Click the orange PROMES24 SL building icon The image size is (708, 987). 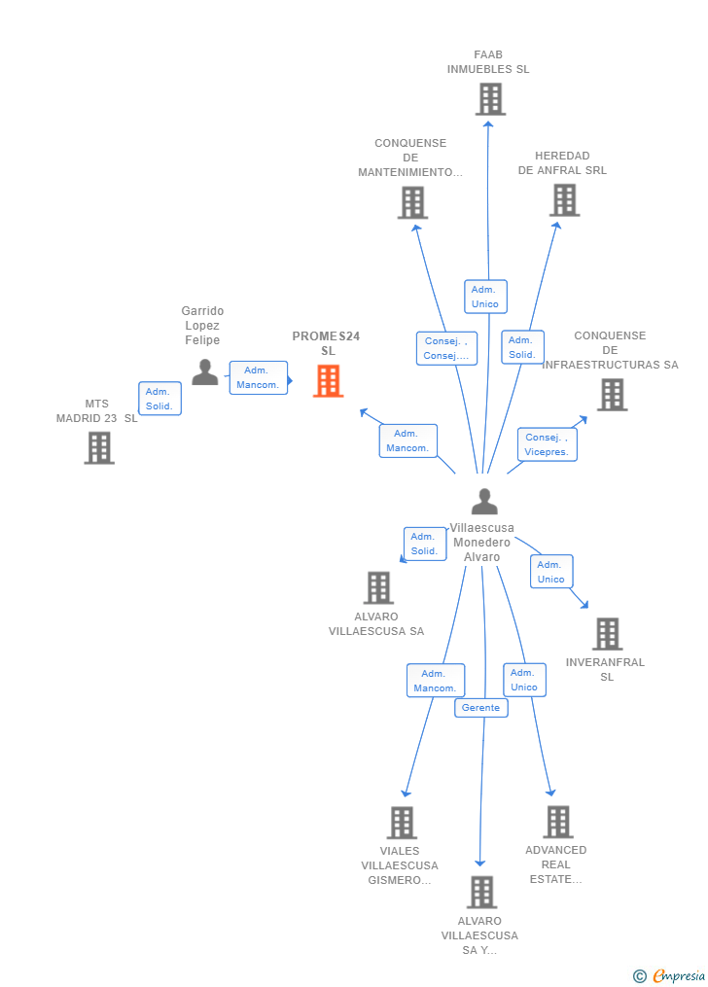(329, 381)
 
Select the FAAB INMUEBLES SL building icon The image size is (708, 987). (490, 99)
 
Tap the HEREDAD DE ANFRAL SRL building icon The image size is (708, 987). (564, 200)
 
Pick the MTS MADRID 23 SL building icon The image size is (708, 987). (99, 448)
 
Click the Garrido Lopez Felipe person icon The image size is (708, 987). (205, 372)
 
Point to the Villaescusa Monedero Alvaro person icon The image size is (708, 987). (484, 501)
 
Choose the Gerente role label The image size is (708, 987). (480, 708)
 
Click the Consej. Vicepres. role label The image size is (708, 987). (547, 444)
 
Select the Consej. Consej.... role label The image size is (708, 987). (446, 348)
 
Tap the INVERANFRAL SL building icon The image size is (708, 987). (607, 634)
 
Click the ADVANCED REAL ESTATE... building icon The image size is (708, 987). (558, 822)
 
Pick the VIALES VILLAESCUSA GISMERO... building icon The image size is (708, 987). (402, 823)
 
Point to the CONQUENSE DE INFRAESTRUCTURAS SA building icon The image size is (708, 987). (613, 395)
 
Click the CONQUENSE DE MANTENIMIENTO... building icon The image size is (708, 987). (413, 202)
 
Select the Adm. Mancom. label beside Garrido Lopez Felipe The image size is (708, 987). (258, 377)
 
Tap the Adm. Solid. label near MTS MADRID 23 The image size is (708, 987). (159, 399)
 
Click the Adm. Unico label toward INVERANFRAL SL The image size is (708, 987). (551, 572)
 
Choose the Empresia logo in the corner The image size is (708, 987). (669, 975)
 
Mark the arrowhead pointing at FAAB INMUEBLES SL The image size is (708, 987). (488, 124)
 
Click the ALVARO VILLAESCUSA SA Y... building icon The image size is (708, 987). (482, 893)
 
